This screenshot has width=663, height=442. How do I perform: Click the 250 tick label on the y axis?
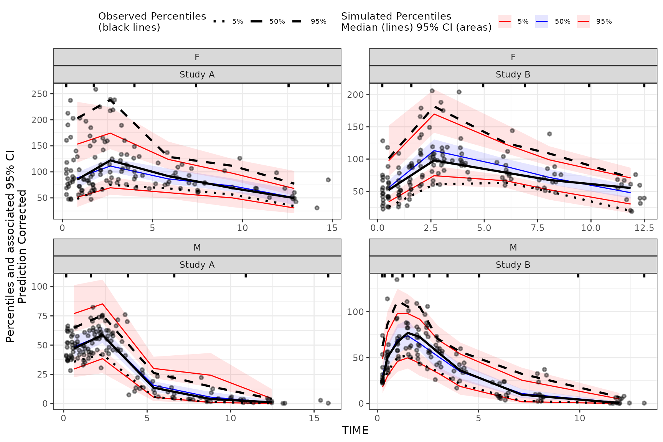40,94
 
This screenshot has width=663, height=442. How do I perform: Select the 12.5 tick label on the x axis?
644,228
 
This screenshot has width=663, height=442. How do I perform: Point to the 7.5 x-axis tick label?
538,228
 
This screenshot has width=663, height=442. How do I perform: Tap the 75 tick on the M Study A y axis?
43,316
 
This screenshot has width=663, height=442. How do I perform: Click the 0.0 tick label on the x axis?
378,228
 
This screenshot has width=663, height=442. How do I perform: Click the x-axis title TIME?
355,430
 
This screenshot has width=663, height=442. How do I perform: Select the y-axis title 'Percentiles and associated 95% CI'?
10,246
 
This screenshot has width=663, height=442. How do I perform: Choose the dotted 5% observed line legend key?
219,21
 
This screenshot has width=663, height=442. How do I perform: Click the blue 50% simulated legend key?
541,21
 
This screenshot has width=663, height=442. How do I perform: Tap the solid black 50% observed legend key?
257,21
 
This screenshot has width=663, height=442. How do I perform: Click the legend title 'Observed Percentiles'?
152,16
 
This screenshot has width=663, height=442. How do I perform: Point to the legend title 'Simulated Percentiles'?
396,16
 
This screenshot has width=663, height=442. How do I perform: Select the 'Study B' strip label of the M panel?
513,265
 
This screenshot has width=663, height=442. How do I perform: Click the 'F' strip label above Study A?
197,57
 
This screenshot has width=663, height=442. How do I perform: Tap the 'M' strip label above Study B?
513,247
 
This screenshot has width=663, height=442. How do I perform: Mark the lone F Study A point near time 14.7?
328,180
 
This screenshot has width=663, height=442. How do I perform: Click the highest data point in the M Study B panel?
397,279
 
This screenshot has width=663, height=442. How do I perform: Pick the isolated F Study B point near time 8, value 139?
549,134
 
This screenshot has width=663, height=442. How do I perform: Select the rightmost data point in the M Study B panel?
644,403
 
